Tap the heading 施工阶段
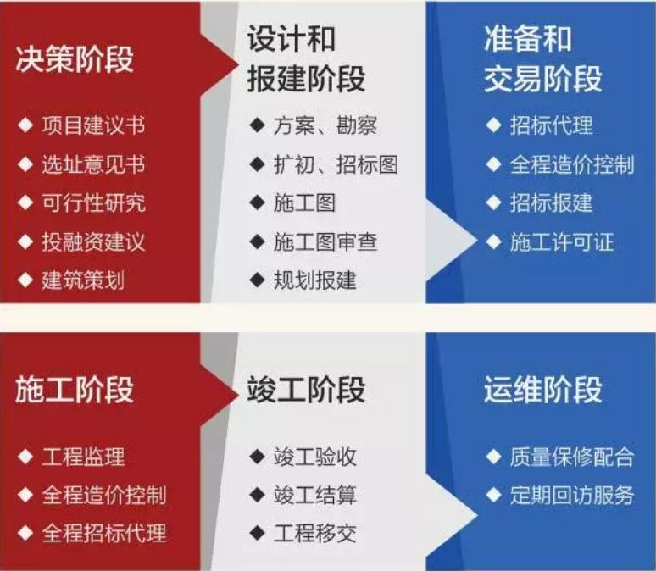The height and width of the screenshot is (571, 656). [x=75, y=391]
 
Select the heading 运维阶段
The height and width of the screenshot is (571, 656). [x=543, y=391]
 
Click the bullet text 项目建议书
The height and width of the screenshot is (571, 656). [x=92, y=125]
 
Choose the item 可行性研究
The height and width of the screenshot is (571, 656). [x=92, y=202]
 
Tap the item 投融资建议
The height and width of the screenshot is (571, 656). [x=92, y=241]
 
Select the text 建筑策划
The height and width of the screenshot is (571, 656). [x=82, y=280]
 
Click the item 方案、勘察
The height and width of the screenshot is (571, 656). [x=325, y=126]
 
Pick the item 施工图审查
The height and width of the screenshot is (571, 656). [x=325, y=241]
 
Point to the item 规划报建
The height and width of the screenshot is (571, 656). [x=314, y=280]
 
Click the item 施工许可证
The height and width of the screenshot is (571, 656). [x=561, y=242]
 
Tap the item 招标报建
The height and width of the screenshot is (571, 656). [x=551, y=203]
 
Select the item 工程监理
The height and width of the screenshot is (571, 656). [x=82, y=457]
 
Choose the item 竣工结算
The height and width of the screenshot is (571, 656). [x=314, y=496]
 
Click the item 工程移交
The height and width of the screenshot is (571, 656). [x=314, y=534]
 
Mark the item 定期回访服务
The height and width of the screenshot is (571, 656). [x=571, y=496]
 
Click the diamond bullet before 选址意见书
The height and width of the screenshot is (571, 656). [x=26, y=164]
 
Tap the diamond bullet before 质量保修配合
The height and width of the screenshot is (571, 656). [x=494, y=457]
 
